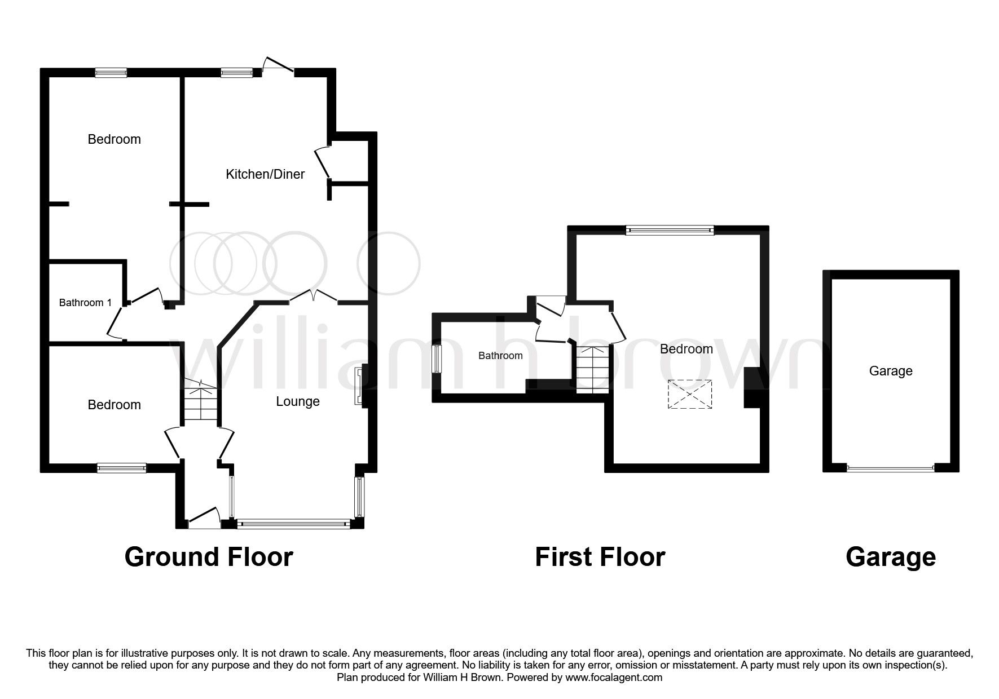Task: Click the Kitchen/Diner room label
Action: pyautogui.click(x=265, y=174)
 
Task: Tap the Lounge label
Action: pyautogui.click(x=297, y=401)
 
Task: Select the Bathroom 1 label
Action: pyautogui.click(x=85, y=303)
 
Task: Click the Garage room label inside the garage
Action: pyautogui.click(x=891, y=371)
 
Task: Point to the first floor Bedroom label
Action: pyautogui.click(x=686, y=349)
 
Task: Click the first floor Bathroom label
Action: pyautogui.click(x=500, y=356)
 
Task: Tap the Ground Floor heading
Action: pyautogui.click(x=209, y=557)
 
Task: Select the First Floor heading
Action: pyautogui.click(x=600, y=557)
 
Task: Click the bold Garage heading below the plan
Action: pyautogui.click(x=891, y=557)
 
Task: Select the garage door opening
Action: pyautogui.click(x=891, y=468)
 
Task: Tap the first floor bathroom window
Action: pyautogui.click(x=436, y=359)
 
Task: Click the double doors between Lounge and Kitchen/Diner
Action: pyautogui.click(x=314, y=297)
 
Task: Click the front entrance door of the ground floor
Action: pyautogui.click(x=204, y=519)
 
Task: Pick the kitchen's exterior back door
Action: pyautogui.click(x=278, y=64)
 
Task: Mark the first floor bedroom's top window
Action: pyautogui.click(x=670, y=229)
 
